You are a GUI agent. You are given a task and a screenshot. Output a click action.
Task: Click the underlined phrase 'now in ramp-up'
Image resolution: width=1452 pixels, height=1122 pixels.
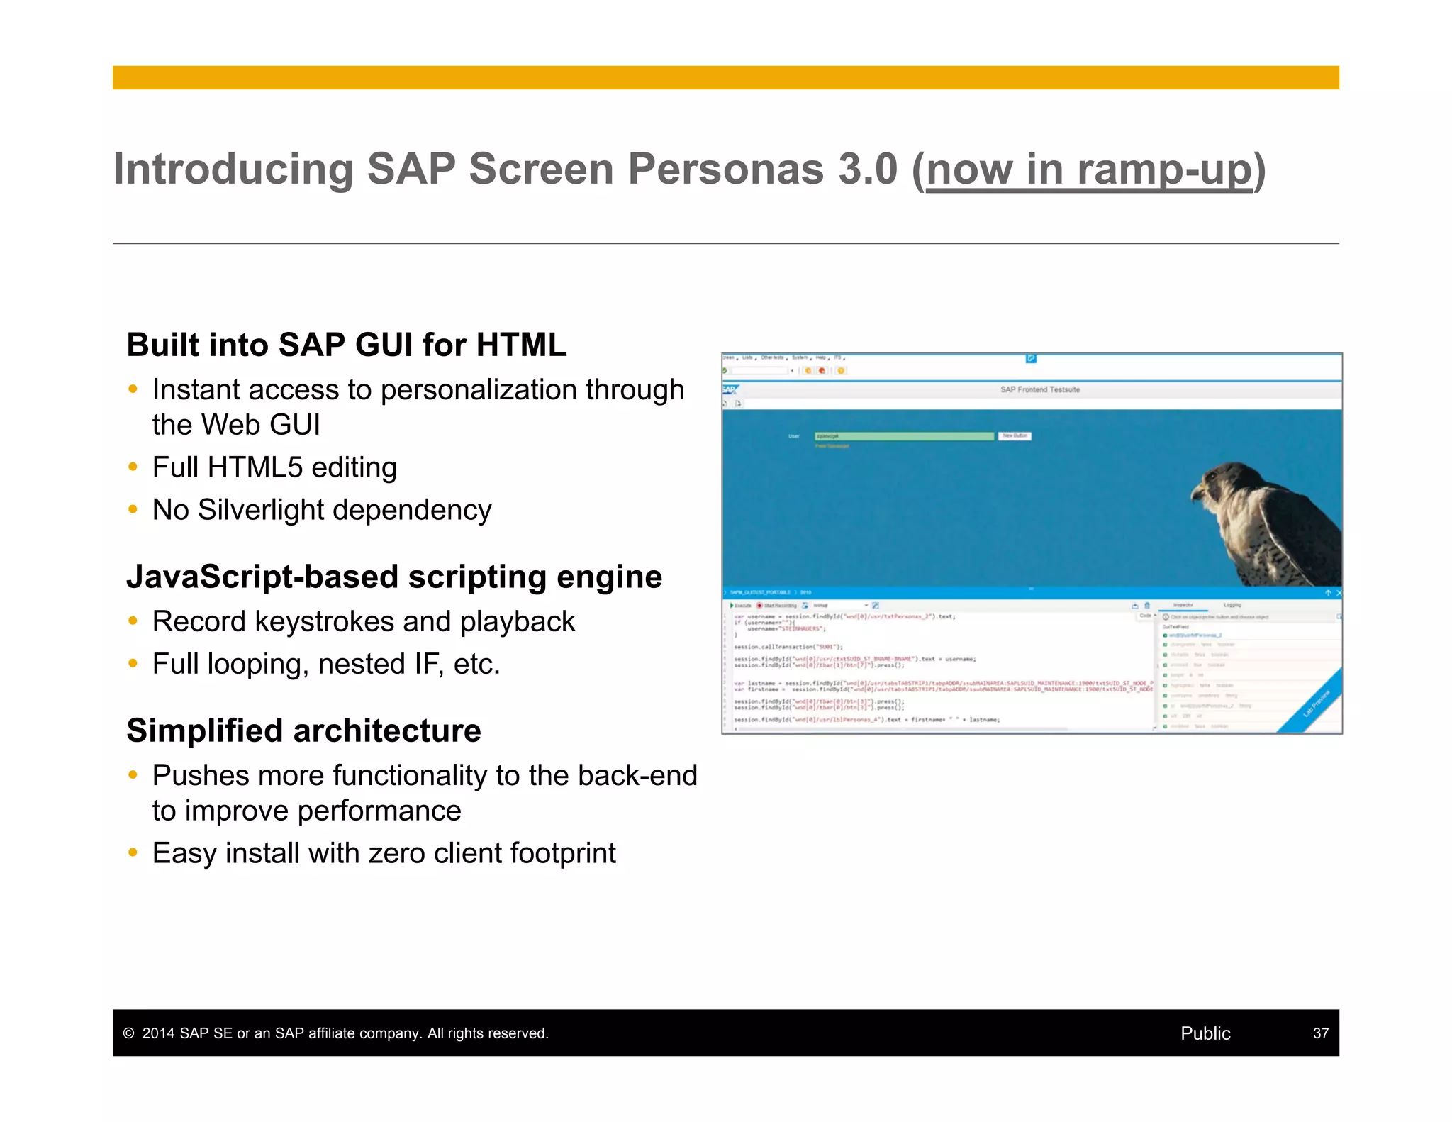1089,170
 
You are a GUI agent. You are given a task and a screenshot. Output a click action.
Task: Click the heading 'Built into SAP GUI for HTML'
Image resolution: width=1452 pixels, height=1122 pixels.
346,345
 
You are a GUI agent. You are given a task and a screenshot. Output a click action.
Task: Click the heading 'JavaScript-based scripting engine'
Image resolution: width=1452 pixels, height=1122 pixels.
393,577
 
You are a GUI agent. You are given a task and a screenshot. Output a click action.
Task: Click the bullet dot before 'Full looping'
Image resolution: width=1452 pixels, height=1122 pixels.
133,664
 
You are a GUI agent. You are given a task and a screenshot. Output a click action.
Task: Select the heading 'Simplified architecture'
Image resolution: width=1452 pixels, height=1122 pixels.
303,731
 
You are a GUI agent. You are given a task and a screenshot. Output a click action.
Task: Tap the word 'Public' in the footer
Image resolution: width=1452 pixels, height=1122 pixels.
1205,1033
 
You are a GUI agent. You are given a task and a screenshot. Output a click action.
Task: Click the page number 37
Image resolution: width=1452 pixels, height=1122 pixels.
1320,1033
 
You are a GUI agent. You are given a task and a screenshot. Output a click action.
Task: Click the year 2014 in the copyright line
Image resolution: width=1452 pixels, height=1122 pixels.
158,1033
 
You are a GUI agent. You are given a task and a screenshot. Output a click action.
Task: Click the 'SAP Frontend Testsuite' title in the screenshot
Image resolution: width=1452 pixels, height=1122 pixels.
1039,389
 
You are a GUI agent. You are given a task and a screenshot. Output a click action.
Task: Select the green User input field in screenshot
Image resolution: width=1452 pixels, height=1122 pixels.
903,436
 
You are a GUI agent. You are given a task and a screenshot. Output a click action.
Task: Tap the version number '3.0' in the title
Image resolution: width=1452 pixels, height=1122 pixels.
868,170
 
